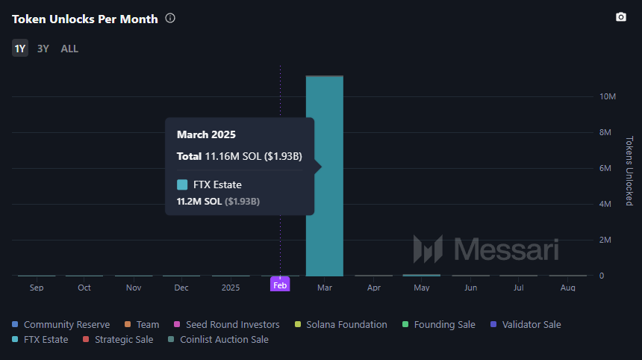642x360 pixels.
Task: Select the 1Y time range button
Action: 20,49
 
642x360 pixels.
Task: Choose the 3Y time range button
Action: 43,49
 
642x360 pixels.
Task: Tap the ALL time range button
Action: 69,49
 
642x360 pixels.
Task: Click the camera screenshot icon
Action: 620,17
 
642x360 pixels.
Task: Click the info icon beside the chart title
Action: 170,18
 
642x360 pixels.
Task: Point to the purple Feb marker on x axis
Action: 280,285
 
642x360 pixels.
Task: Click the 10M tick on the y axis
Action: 607,97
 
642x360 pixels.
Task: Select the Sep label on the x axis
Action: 37,288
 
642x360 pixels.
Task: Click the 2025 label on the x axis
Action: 231,288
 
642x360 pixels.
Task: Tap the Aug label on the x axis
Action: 567,288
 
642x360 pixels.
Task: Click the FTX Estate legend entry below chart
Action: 40,339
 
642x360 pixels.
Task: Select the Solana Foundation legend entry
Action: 340,324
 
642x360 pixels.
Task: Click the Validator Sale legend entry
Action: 526,324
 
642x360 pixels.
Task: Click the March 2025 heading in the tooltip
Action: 206,134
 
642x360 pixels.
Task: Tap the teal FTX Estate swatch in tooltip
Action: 182,184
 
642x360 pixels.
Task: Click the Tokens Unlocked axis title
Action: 629,171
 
